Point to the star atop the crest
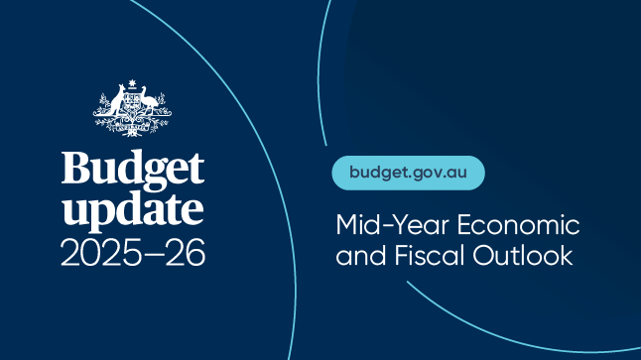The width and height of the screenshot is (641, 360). click(132, 81)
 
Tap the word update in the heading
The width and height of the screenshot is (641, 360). click(133, 209)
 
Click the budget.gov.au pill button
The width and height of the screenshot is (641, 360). click(408, 172)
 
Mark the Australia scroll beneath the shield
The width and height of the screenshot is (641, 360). click(132, 131)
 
